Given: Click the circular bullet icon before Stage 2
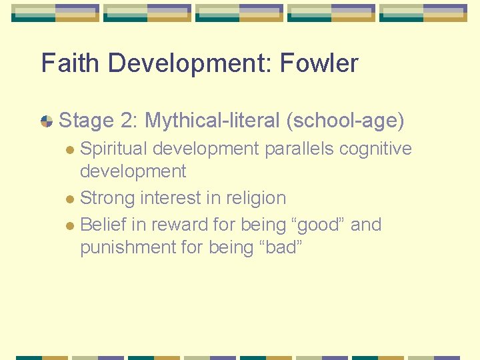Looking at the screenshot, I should click(47, 121).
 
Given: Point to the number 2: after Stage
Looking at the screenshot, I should click(129, 121).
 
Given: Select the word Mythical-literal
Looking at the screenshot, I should click(211, 121).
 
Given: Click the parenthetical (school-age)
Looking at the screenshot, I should click(345, 121).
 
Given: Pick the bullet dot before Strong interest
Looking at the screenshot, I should click(71, 199).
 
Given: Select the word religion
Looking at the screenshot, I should click(256, 198).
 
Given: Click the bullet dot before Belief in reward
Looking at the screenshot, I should click(71, 226).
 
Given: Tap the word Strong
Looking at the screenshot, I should click(107, 198).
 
